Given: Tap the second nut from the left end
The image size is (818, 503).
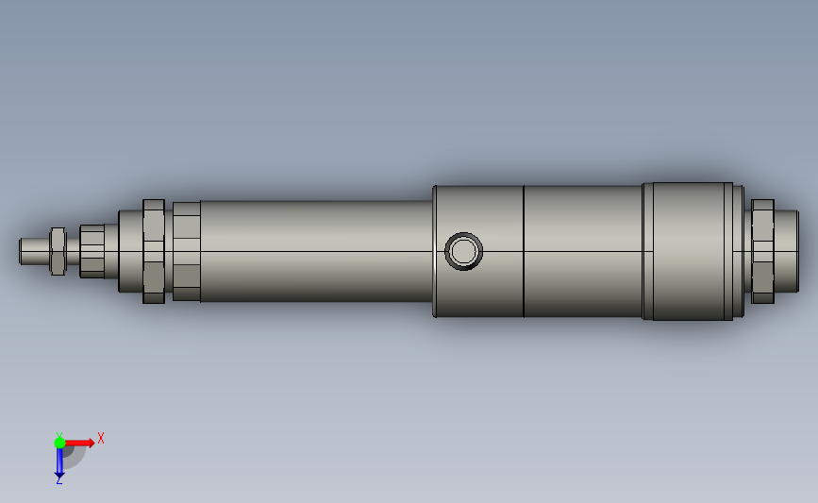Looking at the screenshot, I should (x=92, y=251).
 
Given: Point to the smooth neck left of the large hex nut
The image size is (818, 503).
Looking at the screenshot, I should (x=129, y=251).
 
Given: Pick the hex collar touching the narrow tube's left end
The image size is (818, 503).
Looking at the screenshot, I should (x=186, y=251).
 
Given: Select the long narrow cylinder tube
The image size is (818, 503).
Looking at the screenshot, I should (x=311, y=251).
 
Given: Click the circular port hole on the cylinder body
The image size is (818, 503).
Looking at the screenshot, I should (x=463, y=251).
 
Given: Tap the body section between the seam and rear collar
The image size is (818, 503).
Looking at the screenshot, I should (x=582, y=251).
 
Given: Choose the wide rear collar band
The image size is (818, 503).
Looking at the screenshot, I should (x=689, y=251).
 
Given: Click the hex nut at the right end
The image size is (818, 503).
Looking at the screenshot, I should (x=762, y=251).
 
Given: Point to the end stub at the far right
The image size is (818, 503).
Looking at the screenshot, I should (x=786, y=251).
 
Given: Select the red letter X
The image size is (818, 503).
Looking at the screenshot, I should (x=101, y=438).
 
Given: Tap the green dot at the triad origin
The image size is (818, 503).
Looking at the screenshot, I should (x=59, y=442).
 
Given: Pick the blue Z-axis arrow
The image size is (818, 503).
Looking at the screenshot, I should (x=59, y=461).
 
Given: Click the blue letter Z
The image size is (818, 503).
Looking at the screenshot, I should (x=58, y=480).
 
